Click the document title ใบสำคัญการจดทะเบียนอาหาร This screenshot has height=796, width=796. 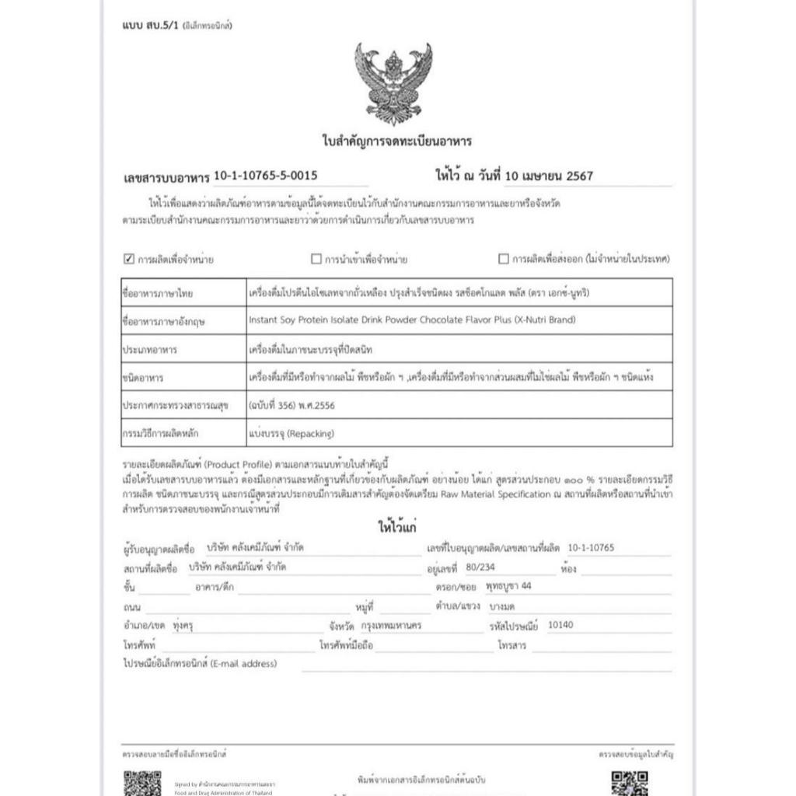[x=396, y=141]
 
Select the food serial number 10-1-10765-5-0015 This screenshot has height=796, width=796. [x=265, y=176]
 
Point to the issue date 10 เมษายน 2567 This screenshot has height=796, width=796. [x=548, y=176]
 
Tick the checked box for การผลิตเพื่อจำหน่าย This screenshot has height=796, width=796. [x=129, y=259]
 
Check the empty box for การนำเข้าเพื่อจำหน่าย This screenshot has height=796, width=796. [x=316, y=259]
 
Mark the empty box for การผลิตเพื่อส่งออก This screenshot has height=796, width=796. [x=504, y=259]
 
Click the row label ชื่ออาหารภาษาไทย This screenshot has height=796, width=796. [x=158, y=294]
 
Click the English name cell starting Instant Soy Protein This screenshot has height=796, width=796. [x=412, y=320]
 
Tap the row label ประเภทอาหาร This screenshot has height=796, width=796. [x=150, y=350]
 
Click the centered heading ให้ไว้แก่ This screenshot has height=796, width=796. [x=396, y=527]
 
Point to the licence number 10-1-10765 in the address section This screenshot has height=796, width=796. [x=591, y=548]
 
